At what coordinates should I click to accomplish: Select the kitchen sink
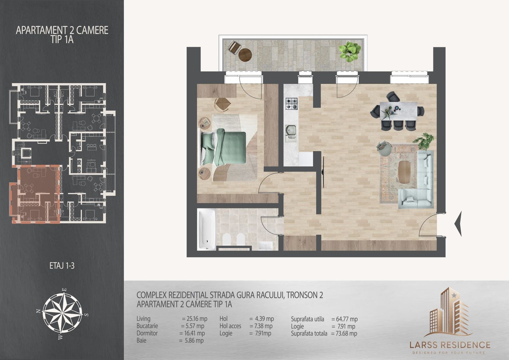291,131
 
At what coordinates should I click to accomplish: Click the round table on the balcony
246,55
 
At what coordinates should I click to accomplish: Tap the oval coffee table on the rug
404,172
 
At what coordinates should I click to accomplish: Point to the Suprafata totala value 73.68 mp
344,333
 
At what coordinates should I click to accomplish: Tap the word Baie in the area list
142,341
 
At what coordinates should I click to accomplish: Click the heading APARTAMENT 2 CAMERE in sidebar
62,30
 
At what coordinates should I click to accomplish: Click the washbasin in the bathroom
265,246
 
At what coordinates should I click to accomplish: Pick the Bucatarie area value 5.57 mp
193,326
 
